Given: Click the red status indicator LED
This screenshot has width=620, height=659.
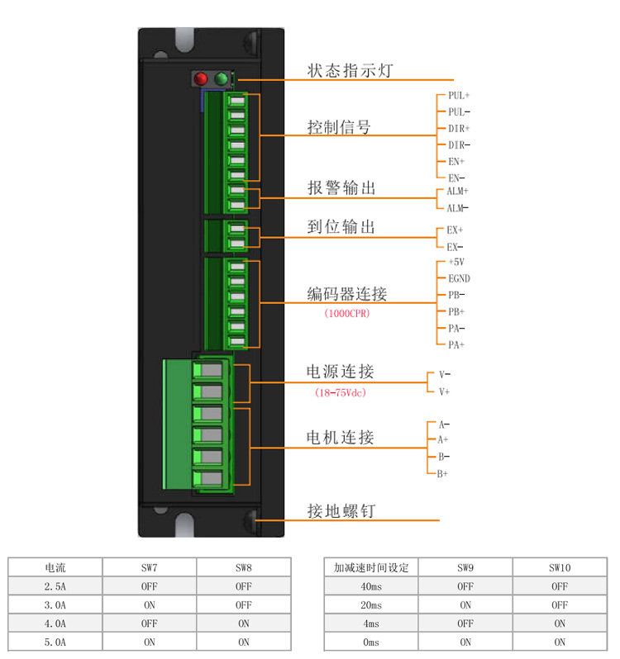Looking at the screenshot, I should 200,79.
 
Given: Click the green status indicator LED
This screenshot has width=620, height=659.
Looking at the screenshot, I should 221,79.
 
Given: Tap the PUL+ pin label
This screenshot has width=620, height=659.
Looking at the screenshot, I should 459,95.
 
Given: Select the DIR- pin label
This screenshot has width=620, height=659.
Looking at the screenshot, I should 459,145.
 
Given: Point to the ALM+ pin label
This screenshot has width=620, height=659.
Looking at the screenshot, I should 458,191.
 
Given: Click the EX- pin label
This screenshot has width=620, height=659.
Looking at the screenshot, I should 455,247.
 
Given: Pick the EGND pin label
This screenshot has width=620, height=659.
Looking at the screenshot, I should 459,278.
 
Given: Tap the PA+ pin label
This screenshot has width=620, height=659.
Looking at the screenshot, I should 456,344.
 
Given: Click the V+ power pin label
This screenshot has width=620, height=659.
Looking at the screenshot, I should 445,391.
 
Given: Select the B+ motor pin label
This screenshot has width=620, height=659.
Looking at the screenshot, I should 443,473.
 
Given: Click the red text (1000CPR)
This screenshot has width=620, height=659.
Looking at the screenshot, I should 346,314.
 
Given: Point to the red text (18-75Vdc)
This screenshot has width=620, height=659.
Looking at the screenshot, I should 341,392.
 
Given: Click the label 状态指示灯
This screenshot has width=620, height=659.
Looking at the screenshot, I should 350,71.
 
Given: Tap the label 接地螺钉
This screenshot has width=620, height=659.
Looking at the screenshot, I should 341,511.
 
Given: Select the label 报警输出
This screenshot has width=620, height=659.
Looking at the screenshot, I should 341,188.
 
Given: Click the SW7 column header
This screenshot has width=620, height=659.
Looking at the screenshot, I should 150,567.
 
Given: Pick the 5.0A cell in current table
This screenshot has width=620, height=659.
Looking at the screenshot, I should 55,642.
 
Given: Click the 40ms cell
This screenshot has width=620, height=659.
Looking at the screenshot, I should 370,586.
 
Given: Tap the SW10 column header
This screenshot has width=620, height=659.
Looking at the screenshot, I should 560,567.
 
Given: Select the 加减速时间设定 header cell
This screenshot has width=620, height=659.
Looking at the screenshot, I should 371,567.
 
